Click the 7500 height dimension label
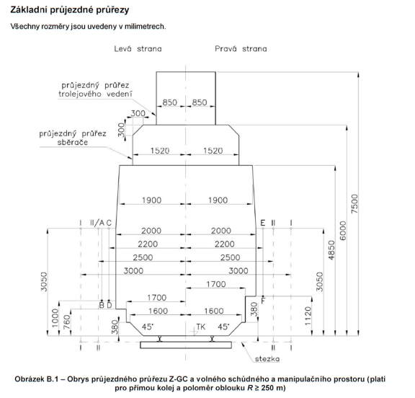(354, 203)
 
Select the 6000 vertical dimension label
(343, 231)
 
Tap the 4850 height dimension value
(331, 250)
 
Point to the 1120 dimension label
(308, 316)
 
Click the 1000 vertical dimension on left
(55, 318)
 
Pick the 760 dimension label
(67, 322)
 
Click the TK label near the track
(200, 327)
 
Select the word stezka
(267, 359)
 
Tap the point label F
(263, 301)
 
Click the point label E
(262, 223)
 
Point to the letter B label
(102, 305)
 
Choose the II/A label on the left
(97, 223)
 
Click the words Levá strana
(138, 49)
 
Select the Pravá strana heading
(241, 49)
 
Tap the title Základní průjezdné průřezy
(70, 10)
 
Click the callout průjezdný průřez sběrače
(73, 138)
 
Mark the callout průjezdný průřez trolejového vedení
(95, 89)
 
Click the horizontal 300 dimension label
(138, 113)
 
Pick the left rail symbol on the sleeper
(160, 338)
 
